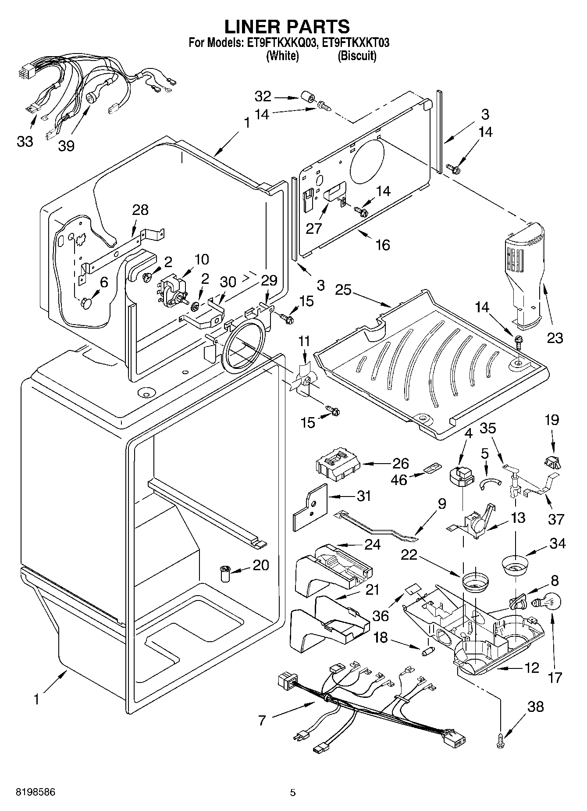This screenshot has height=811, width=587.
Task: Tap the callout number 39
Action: tap(66, 146)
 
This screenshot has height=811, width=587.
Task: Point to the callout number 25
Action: tap(343, 290)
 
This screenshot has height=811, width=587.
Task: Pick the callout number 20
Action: tap(261, 565)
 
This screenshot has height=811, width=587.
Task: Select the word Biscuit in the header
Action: tap(357, 56)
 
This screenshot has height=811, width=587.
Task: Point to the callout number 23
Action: tap(555, 338)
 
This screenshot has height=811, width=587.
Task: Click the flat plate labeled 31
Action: tap(310, 507)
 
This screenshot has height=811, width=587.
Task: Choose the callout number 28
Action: tap(140, 210)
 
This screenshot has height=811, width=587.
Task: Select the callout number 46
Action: tap(398, 479)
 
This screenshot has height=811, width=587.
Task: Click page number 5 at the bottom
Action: tap(293, 793)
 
